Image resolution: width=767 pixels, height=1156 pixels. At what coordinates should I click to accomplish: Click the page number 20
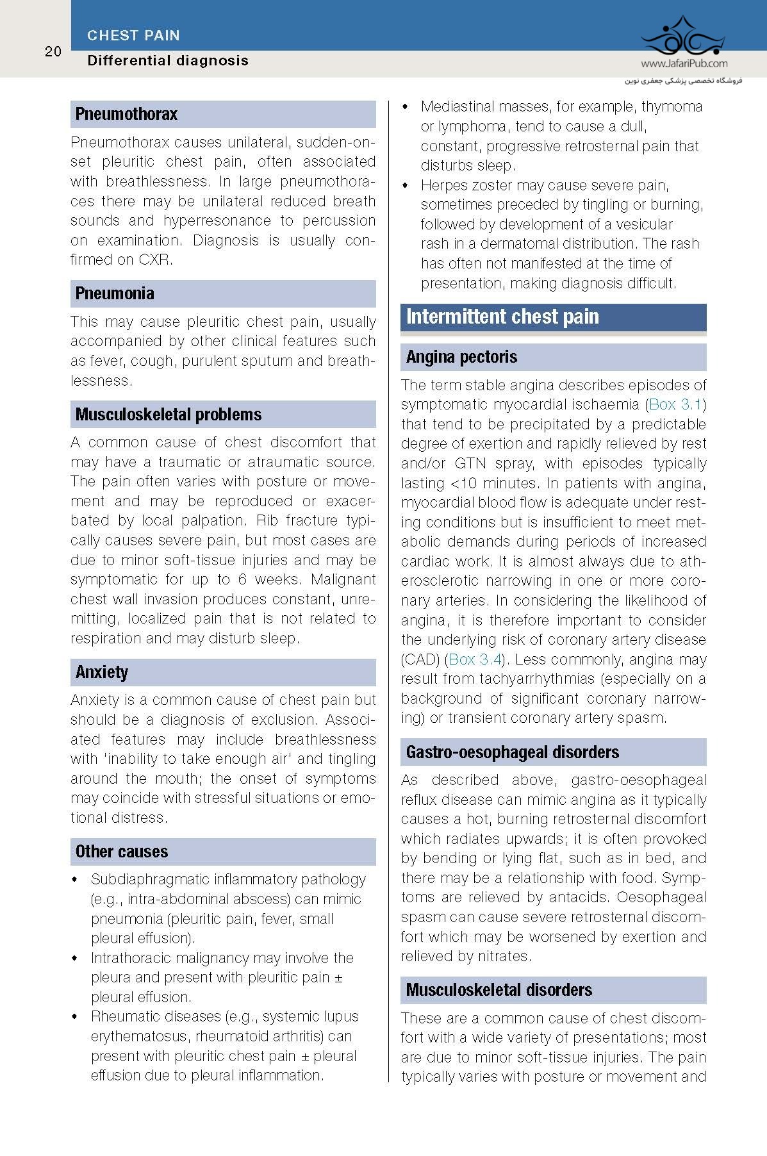click(x=53, y=52)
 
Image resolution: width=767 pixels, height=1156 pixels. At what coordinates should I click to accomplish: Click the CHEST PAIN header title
click(x=133, y=36)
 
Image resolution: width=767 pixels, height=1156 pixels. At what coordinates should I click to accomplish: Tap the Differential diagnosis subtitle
click(x=168, y=61)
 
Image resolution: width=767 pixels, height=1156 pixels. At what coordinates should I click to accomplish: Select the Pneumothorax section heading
click(x=126, y=114)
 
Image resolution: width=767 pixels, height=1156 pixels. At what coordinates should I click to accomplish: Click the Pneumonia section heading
click(x=115, y=293)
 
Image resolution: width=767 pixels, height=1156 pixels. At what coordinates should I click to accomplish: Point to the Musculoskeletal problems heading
click(x=169, y=415)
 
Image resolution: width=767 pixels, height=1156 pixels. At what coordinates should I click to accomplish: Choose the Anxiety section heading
click(x=102, y=672)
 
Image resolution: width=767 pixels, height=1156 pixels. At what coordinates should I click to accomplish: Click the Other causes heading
click(x=122, y=852)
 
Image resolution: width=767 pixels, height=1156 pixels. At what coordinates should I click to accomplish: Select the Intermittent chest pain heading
click(x=502, y=317)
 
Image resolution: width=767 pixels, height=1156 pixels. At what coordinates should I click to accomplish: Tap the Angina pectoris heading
click(x=461, y=357)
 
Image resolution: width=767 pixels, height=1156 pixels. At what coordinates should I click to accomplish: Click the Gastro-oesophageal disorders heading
click(x=513, y=752)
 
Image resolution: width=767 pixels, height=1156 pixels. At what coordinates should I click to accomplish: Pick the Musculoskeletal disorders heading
click(x=499, y=990)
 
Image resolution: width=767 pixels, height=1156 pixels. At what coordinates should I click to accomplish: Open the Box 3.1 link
click(x=676, y=404)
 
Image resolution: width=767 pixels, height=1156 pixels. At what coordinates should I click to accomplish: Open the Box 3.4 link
click(x=475, y=659)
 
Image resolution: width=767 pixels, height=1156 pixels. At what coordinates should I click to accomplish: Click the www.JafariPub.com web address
click(x=684, y=63)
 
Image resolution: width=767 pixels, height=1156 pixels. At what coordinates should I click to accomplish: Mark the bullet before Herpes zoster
click(x=405, y=186)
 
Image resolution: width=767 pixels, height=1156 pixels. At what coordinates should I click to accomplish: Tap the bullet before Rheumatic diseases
click(x=75, y=1017)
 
